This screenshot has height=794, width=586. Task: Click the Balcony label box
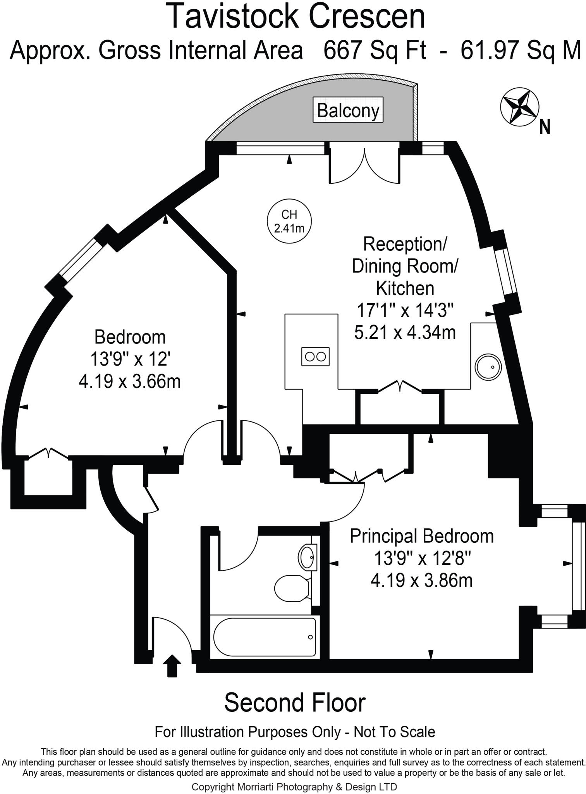coord(348,110)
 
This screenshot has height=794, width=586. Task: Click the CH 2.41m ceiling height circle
coord(289,221)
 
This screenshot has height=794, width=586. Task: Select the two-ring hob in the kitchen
coord(315,356)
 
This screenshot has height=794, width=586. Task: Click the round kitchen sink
coord(488,366)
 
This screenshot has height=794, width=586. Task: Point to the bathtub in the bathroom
coord(265,637)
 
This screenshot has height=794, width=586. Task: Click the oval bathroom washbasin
coord(308,557)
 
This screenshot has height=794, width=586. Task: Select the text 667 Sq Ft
coord(375,50)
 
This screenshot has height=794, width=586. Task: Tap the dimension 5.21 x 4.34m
coord(405,332)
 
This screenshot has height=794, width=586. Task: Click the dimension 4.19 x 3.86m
coord(421,580)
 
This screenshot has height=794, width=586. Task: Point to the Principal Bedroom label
coord(422,536)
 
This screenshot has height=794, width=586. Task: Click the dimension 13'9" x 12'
coord(130,359)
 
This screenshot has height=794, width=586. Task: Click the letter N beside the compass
coord(545,127)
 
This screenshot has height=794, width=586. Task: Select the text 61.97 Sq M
coord(521,50)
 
